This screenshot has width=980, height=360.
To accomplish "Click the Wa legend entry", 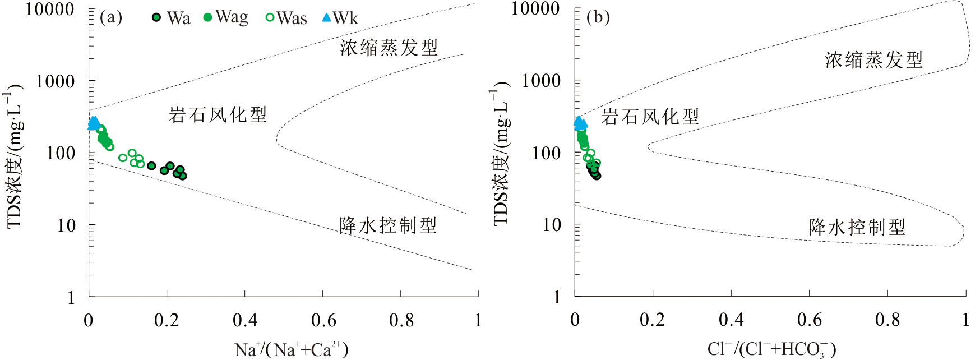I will (172, 18).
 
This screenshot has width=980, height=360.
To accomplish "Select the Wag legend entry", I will (226, 17).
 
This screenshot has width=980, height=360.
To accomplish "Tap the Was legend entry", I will (286, 18).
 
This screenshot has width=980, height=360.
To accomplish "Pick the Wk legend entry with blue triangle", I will (340, 18).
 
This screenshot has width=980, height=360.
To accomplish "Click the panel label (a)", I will (110, 17).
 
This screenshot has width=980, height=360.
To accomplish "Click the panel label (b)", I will (598, 17).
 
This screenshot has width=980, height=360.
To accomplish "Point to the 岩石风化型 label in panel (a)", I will (218, 115).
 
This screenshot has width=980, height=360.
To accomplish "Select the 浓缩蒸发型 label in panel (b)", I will (873, 60).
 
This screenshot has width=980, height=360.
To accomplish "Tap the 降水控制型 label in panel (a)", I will (388, 225).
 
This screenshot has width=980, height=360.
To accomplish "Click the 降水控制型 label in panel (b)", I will (857, 227).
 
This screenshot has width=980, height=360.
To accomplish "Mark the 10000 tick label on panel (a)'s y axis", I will (50, 9).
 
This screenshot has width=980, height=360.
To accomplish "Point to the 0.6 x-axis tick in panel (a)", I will (323, 320).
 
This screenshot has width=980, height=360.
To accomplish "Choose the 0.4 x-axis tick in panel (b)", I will (731, 320).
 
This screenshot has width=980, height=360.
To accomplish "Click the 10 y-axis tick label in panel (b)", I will (552, 225).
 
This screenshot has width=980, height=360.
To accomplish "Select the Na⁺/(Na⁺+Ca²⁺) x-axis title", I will (292, 349).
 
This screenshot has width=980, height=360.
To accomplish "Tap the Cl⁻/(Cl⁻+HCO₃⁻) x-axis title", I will (771, 349).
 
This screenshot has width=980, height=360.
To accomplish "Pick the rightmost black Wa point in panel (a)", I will (182, 176).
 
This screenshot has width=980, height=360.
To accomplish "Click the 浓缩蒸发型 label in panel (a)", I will (389, 48).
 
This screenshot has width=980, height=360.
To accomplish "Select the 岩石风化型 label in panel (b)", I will (650, 117).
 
